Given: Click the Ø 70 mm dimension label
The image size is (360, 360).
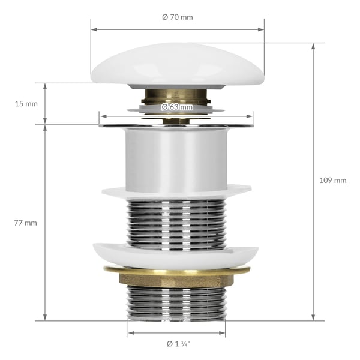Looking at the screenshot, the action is [x=178, y=17].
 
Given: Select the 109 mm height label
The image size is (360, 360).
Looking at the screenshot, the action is [x=333, y=180].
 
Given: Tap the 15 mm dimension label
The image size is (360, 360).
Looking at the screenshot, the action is [x=26, y=104].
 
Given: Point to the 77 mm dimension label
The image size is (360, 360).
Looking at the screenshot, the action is [x=25, y=223].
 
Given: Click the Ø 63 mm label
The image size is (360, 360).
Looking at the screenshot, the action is [x=177, y=107].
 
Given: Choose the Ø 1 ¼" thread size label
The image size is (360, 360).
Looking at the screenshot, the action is [x=179, y=344].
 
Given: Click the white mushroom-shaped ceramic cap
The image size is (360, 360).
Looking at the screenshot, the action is [x=178, y=64].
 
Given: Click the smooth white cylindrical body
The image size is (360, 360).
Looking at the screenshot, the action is [x=176, y=160].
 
